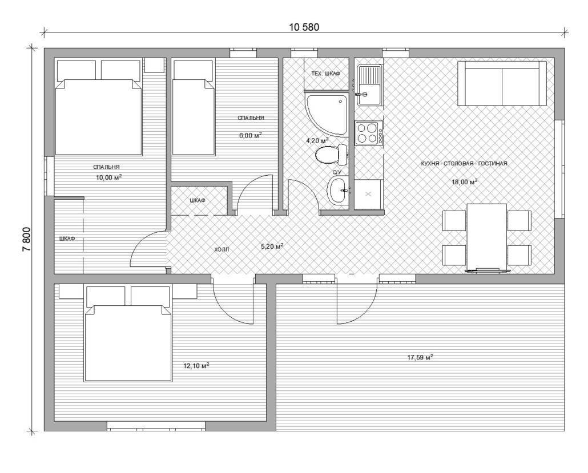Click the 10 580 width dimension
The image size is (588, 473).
click(304, 27)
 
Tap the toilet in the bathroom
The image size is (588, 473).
click(332, 155)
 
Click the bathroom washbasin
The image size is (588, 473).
click(339, 191)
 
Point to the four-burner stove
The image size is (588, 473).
click(369, 133)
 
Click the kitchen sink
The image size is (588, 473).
click(369, 84)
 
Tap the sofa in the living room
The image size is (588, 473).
click(502, 83)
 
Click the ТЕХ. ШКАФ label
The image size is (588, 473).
click(325, 74)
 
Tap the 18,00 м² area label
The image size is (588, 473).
click(464, 182)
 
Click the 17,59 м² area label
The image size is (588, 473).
click(420, 357)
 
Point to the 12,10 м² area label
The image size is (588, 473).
click(196, 365)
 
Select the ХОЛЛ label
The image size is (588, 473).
click(221, 249)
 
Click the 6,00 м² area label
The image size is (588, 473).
click(251, 135)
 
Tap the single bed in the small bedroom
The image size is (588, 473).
click(194, 108)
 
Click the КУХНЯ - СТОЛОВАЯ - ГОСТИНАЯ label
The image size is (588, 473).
click(464, 163)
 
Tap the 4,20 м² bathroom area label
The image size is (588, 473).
click(317, 140)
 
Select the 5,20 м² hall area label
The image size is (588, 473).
click(272, 246)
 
